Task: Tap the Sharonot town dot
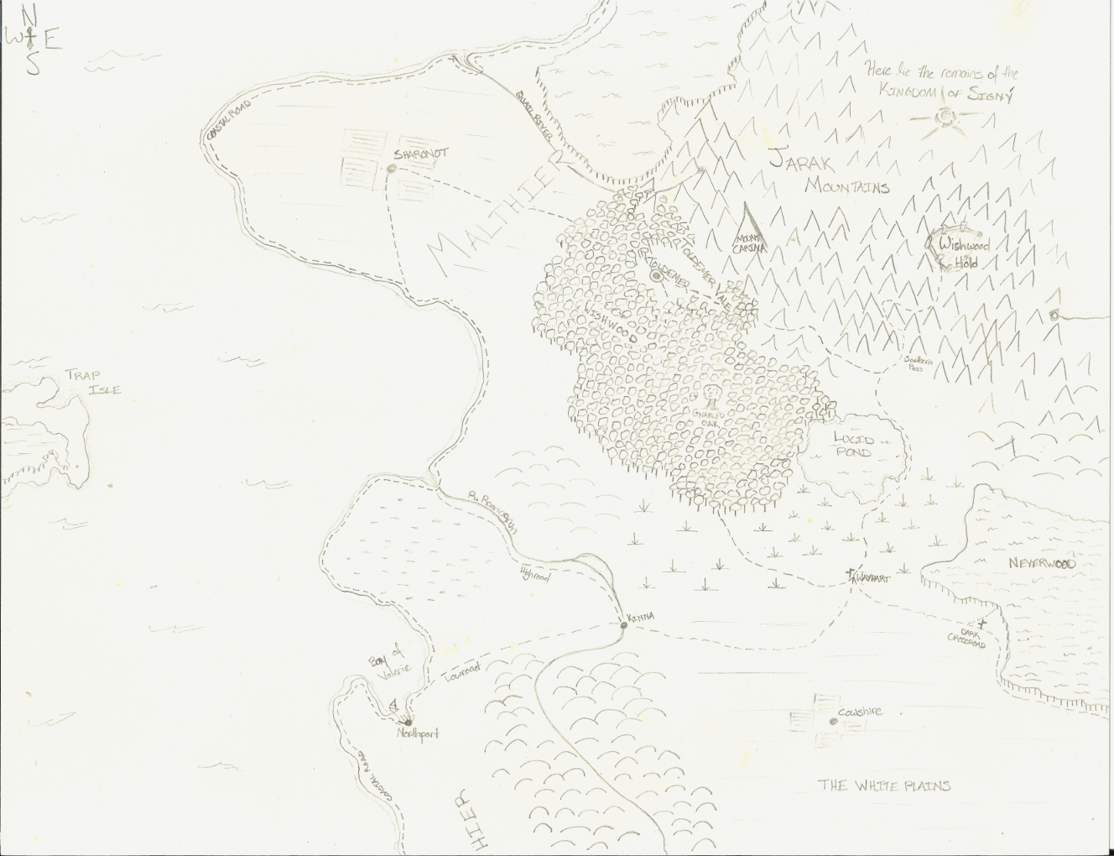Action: (x=392, y=169)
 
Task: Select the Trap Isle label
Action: (x=93, y=382)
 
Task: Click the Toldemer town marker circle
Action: (x=655, y=274)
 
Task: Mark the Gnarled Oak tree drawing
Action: (x=712, y=394)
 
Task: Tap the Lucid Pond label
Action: (x=853, y=445)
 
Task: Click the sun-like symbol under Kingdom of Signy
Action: (x=949, y=117)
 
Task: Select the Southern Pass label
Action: (x=917, y=363)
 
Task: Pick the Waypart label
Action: (x=872, y=578)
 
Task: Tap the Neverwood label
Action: (x=1041, y=563)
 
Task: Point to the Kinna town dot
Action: (x=623, y=625)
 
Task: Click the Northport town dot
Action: (x=409, y=722)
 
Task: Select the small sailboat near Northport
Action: (x=393, y=705)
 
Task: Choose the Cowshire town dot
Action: (x=832, y=721)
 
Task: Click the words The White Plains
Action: (x=884, y=786)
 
